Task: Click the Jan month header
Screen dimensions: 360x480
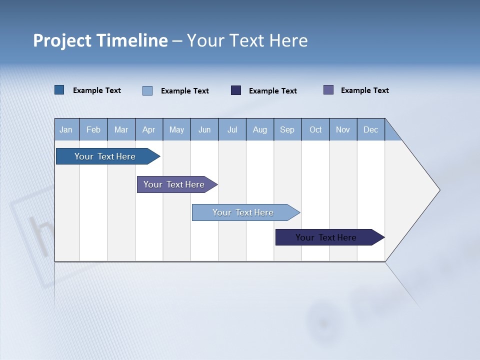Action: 66,129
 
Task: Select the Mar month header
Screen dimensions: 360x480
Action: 121,129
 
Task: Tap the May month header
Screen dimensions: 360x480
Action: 176,129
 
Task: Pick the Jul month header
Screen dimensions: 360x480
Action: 232,129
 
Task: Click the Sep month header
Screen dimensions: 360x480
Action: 287,129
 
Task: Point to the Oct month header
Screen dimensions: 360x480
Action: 315,129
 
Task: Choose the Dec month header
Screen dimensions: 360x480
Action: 370,129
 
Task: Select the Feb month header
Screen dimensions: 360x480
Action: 93,129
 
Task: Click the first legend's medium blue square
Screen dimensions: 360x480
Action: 59,90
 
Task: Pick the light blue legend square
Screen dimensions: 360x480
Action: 147,90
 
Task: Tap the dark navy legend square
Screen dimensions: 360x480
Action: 236,90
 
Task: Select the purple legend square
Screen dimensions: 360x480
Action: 328,90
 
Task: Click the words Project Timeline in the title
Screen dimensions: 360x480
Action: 100,40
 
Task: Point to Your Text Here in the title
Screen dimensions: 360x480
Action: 247,40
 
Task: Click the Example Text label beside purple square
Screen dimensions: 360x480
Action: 364,90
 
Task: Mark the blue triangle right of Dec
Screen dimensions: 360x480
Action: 391,133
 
